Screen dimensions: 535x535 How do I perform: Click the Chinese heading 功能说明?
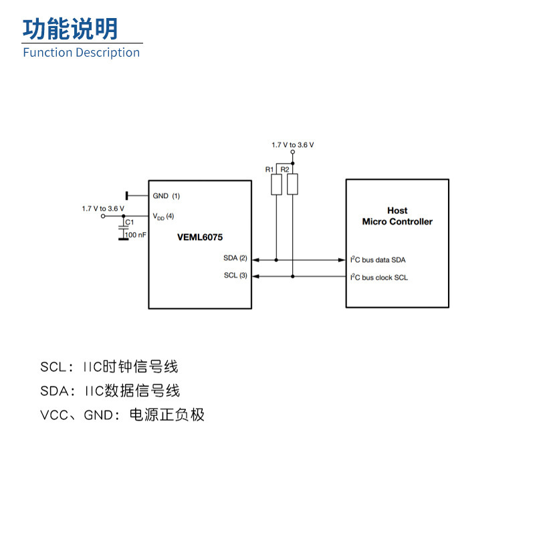(x=70, y=29)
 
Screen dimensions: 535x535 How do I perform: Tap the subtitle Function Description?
(x=82, y=53)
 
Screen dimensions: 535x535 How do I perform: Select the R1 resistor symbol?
(x=277, y=184)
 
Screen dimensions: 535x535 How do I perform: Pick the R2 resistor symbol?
(x=292, y=184)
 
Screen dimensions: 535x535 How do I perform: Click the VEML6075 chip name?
(x=200, y=237)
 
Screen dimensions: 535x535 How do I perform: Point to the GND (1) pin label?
(x=167, y=196)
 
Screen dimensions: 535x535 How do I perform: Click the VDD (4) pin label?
(x=163, y=217)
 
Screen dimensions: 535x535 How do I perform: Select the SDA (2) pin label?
(x=235, y=258)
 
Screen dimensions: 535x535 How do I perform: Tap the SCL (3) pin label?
(x=235, y=276)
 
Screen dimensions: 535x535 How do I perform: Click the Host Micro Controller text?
(x=397, y=216)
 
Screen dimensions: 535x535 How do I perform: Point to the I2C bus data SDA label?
(x=379, y=259)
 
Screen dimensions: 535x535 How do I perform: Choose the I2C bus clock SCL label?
(x=379, y=277)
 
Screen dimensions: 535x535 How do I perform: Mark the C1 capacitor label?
(x=130, y=222)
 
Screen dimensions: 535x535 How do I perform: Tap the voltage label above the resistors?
(x=292, y=144)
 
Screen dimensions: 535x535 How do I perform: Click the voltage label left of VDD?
(x=103, y=209)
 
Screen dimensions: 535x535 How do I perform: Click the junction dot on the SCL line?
(x=292, y=276)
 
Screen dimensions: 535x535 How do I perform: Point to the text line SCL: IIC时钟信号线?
(x=109, y=366)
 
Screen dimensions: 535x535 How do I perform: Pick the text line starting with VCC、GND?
(x=122, y=415)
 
